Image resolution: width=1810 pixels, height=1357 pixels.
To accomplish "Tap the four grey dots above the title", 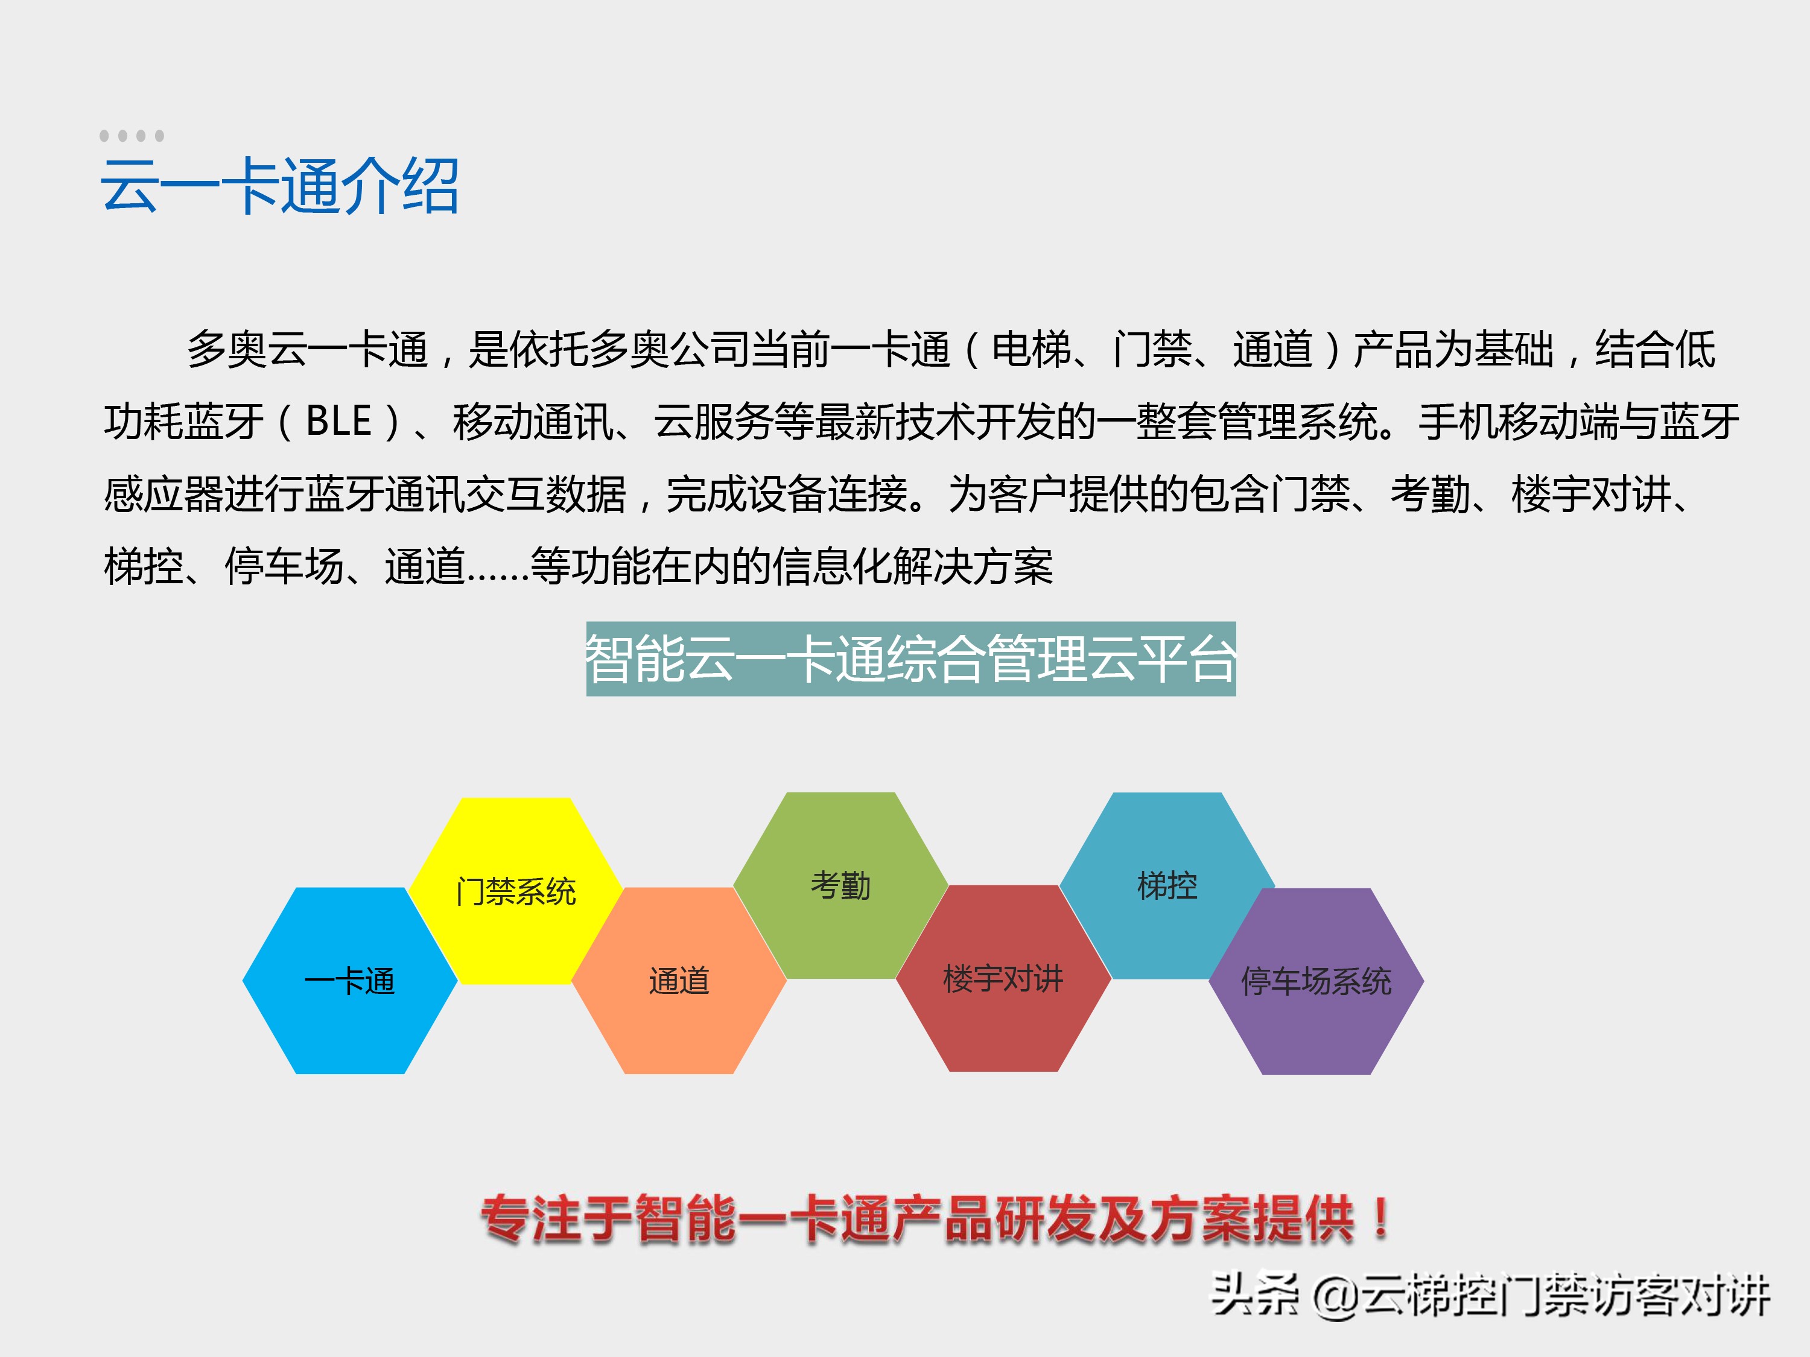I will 132,136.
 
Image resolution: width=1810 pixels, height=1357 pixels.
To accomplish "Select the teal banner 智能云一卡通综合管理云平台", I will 910,659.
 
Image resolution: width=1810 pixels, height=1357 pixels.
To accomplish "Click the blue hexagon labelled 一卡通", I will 350,981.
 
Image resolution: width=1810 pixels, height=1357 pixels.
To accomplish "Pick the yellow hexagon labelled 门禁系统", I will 515,890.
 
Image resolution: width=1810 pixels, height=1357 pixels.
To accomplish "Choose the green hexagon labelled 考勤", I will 840,885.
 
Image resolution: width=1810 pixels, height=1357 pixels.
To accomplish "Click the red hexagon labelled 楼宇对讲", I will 1003,978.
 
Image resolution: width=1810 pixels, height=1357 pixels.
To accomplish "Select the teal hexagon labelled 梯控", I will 1167,885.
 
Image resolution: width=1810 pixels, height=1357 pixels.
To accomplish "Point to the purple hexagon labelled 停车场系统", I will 1316,981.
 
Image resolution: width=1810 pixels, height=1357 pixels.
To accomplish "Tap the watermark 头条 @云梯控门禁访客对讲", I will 1489,1295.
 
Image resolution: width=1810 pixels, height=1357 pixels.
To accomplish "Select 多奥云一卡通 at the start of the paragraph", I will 308,350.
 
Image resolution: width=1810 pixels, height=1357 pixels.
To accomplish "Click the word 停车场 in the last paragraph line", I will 284,567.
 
